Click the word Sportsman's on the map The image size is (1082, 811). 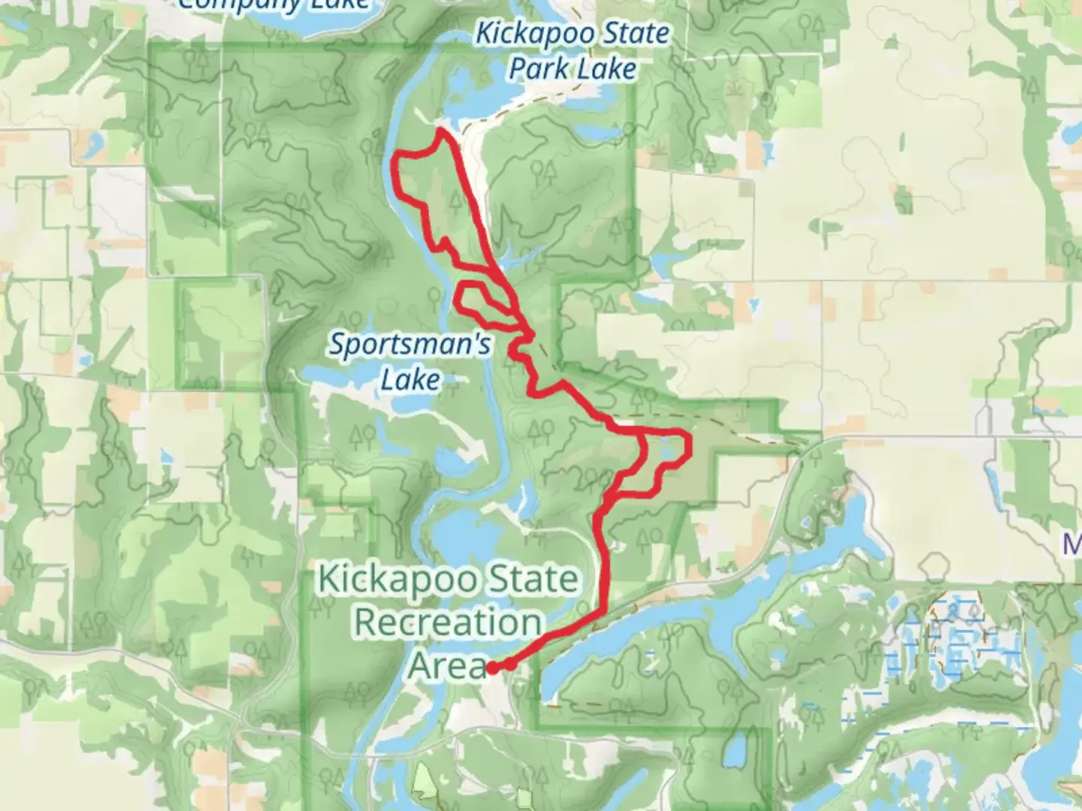pos(410,345)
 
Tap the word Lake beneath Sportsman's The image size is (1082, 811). pos(410,380)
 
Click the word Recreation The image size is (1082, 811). pos(448,623)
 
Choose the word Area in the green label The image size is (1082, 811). pos(448,666)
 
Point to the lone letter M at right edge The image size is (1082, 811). pos(1072,544)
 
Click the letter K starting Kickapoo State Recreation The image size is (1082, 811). pos(328,580)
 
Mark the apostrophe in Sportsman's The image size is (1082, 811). pos(473,336)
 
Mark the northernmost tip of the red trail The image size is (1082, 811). pos(440,130)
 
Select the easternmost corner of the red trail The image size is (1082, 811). pos(690,445)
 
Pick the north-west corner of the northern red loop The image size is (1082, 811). pos(397,155)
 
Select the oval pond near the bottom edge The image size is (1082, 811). pos(734,751)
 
